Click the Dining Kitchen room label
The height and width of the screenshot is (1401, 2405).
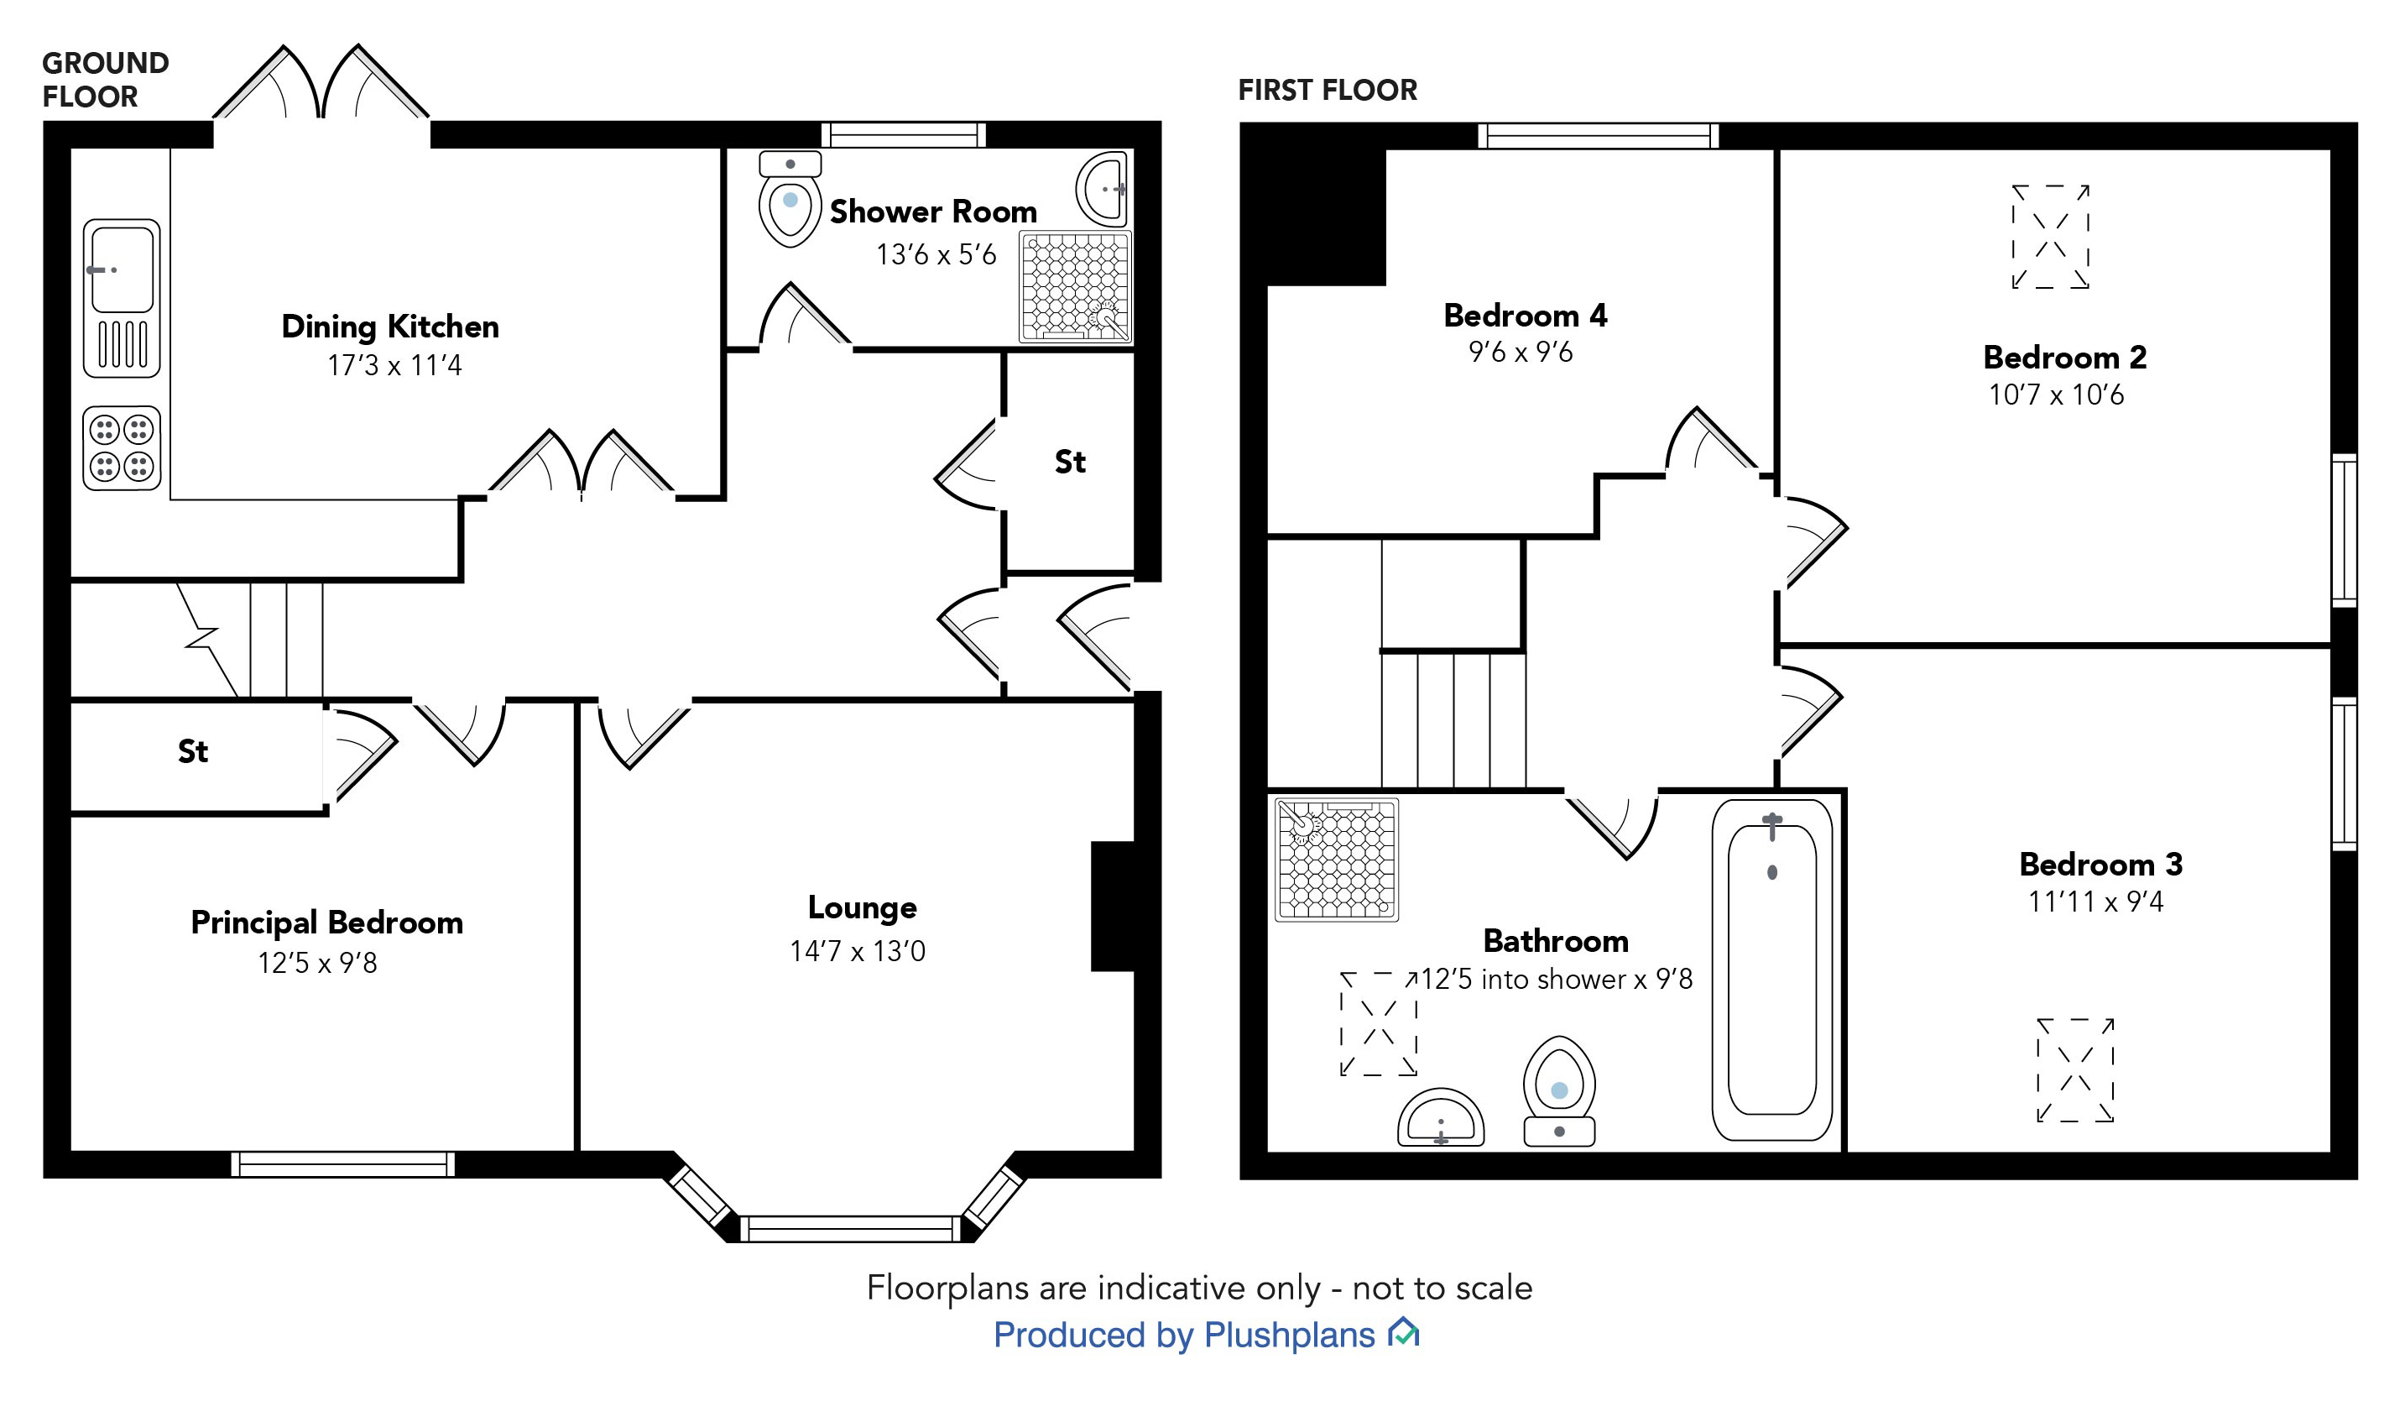[389, 327]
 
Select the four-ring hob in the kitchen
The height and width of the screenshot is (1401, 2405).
[121, 448]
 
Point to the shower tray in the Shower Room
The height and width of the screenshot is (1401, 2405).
[1075, 286]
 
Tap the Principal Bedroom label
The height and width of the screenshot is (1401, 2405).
[326, 923]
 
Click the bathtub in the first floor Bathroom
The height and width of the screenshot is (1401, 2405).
[1771, 970]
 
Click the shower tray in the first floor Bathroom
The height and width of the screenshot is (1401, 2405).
[1336, 860]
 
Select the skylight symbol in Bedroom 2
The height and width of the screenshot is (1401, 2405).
[2050, 237]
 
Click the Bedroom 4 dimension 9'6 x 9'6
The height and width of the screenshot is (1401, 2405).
[1521, 353]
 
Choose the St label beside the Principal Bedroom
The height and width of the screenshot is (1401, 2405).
[193, 752]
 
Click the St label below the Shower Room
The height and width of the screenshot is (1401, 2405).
[1070, 463]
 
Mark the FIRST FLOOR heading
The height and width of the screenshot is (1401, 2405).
[1327, 91]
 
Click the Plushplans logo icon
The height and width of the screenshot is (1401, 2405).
[1404, 1332]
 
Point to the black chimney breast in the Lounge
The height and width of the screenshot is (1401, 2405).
[1113, 907]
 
